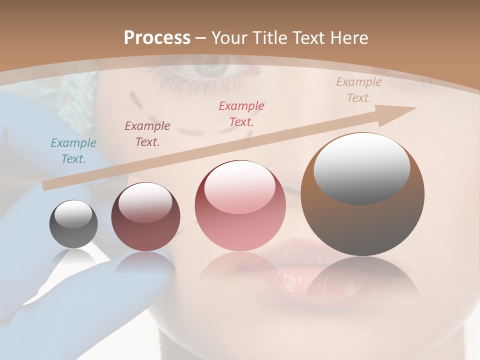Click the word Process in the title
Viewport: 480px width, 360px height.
click(x=157, y=38)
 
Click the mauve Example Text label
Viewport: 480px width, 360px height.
click(x=147, y=134)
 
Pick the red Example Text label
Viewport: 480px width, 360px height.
click(x=241, y=113)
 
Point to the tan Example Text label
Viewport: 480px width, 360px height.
click(x=358, y=90)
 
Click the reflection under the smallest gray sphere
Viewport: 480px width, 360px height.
click(x=73, y=257)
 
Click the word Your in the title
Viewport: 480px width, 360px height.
click(x=228, y=38)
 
